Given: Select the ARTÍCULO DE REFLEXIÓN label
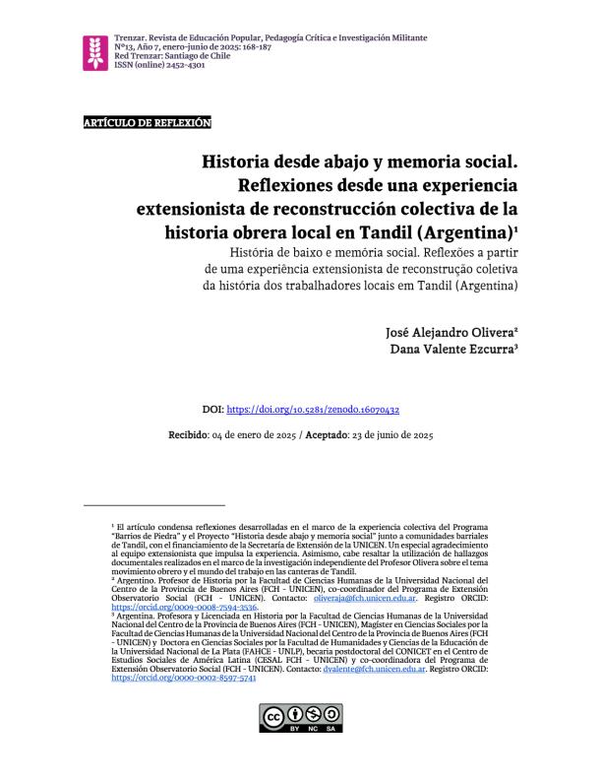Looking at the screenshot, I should click(147, 122).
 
